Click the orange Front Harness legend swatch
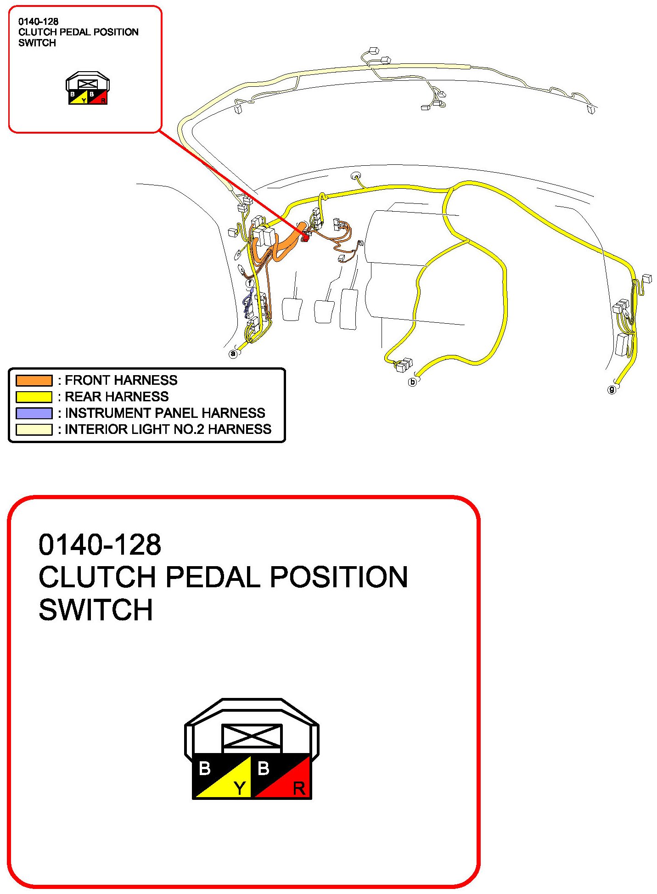[x=34, y=380]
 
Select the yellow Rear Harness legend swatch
[x=34, y=397]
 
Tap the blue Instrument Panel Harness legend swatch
[x=34, y=413]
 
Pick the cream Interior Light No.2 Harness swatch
[x=34, y=429]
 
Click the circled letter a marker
[x=233, y=354]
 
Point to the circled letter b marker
[x=412, y=382]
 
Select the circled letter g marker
[x=612, y=390]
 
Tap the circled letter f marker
[x=249, y=283]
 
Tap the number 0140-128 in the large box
[x=100, y=545]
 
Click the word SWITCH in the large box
[x=95, y=610]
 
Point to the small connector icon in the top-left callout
[x=87, y=88]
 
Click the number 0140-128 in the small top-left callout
[x=38, y=22]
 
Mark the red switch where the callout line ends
[x=305, y=237]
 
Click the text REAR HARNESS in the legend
[x=117, y=397]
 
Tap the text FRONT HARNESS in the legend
[x=121, y=380]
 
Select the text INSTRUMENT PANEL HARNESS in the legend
[x=165, y=413]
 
